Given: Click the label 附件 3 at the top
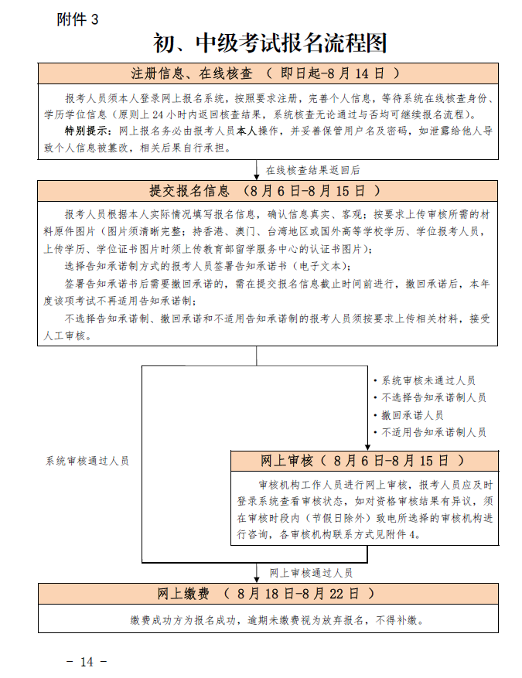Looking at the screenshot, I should (x=78, y=20).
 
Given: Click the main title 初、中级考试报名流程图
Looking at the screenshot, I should (x=269, y=43).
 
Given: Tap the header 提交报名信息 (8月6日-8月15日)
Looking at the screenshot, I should (x=267, y=190).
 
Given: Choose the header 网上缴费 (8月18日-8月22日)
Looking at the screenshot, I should (x=267, y=594).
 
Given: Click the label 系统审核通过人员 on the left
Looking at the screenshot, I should (x=87, y=461).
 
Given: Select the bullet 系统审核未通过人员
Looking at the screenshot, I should (x=428, y=380).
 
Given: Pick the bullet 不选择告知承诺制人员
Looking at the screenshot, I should (x=433, y=397).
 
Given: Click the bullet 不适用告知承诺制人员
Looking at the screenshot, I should (x=433, y=432).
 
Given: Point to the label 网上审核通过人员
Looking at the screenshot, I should (x=311, y=573).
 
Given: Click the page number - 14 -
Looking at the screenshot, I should (x=86, y=662).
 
